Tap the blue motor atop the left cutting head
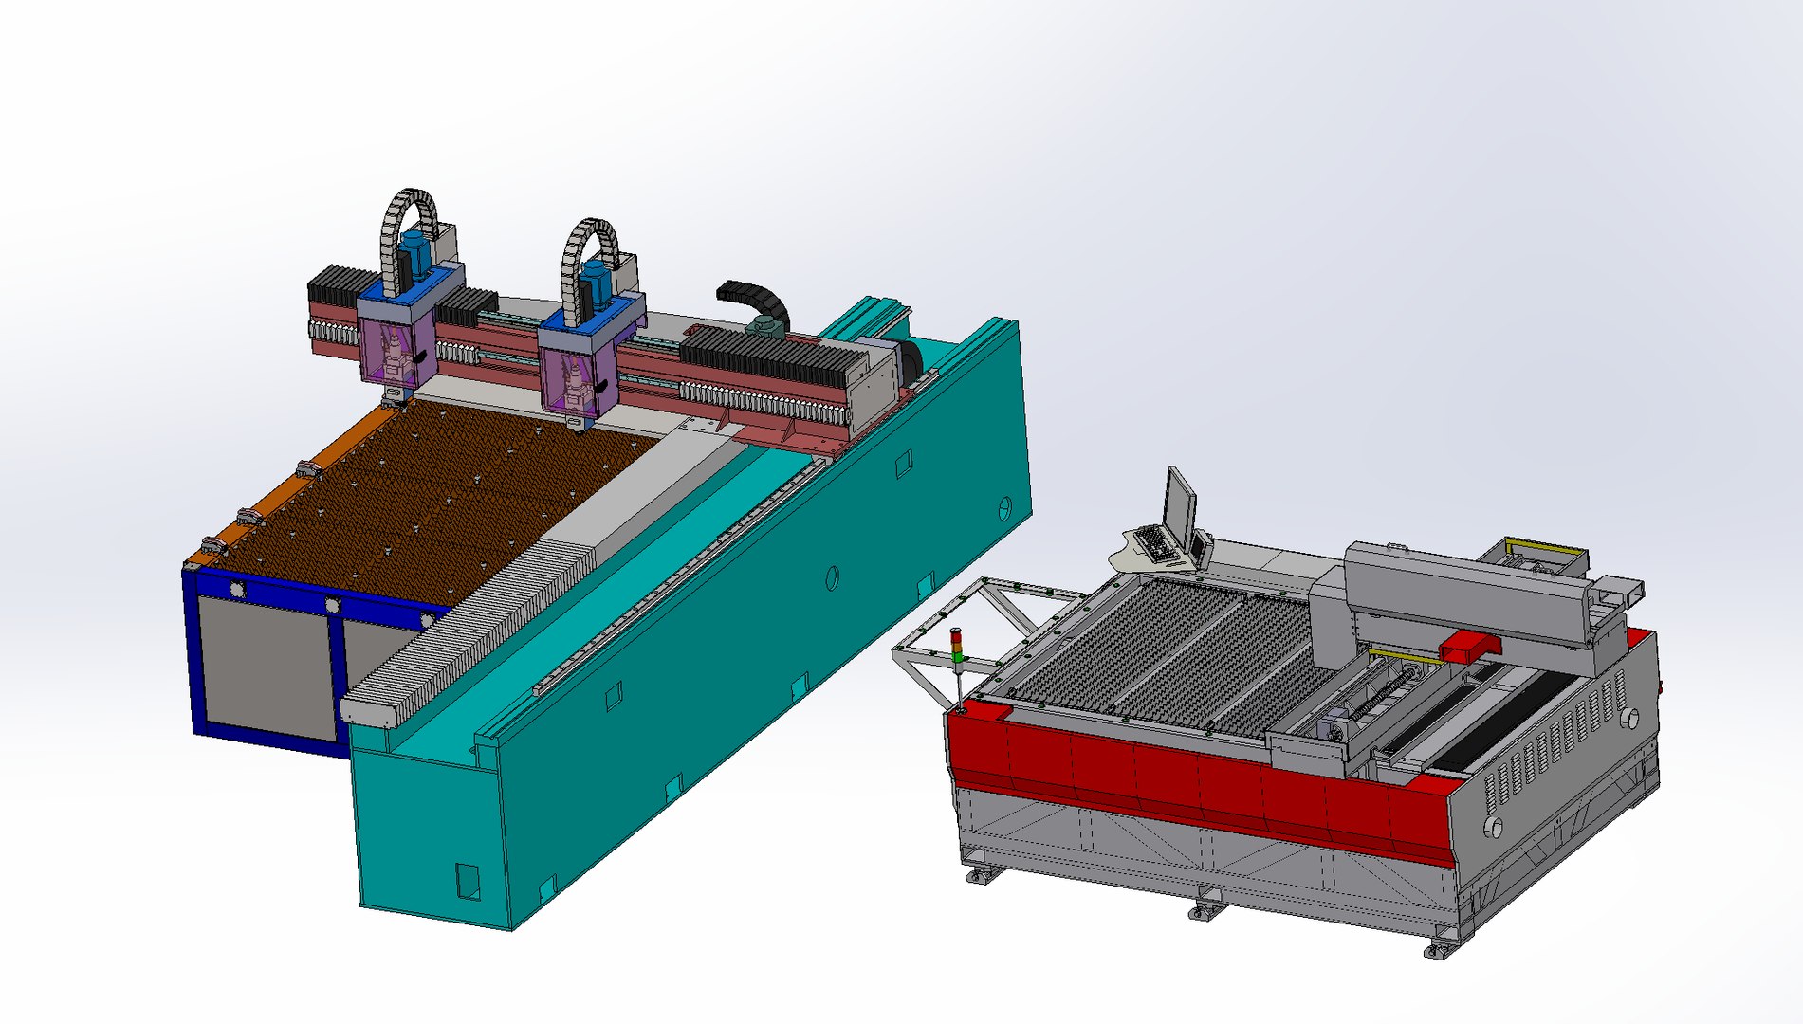click(x=414, y=254)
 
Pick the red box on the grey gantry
click(x=1469, y=648)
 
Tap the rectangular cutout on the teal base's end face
click(x=468, y=880)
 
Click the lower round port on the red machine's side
click(x=1493, y=827)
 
